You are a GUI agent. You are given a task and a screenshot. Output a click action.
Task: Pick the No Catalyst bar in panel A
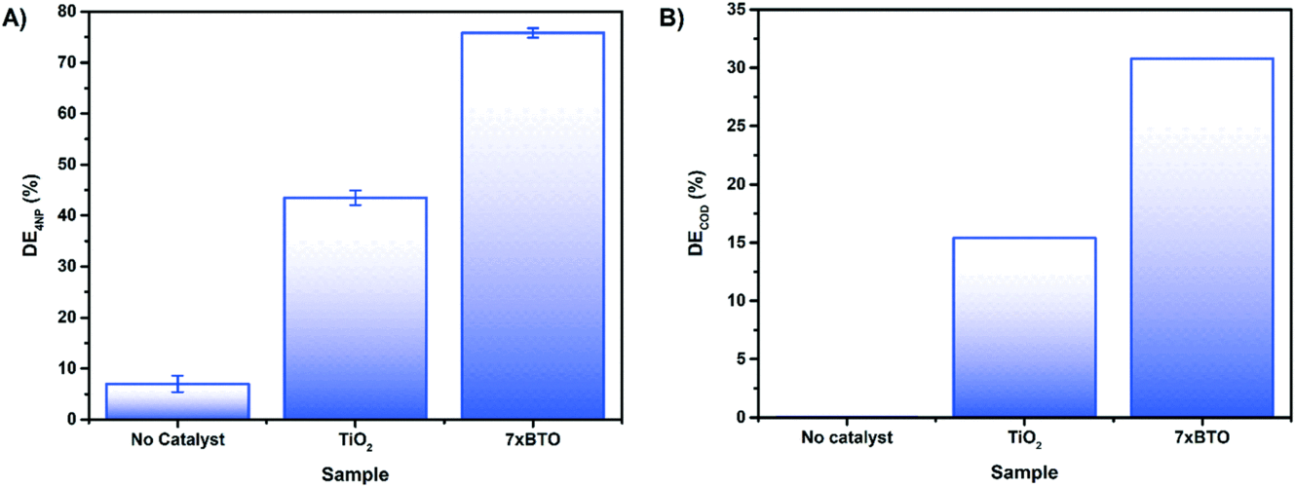coord(177,401)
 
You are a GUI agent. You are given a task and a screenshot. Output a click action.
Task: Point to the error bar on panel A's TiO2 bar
coord(355,198)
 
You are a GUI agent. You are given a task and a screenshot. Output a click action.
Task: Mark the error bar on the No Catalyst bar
coord(177,384)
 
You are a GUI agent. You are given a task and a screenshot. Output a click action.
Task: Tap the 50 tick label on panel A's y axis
coord(66,165)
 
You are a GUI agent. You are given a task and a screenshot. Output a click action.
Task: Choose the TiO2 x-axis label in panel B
coord(1022,441)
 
